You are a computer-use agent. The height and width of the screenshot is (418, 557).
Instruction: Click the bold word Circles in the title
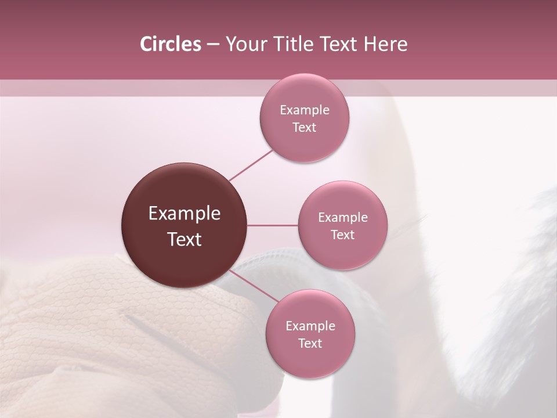coord(170,44)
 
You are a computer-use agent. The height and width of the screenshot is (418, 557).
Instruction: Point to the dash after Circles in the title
coord(213,45)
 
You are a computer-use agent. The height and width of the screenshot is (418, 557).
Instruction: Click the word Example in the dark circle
coord(185,214)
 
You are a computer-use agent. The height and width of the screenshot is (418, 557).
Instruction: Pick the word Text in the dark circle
coord(185,239)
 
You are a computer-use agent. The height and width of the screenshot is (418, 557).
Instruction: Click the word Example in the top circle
coord(305,110)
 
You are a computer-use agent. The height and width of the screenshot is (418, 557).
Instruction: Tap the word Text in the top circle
coord(305,127)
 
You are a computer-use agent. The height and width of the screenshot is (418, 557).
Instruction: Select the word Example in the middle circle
coord(343,218)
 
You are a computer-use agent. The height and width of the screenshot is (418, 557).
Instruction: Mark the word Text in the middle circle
coord(343,235)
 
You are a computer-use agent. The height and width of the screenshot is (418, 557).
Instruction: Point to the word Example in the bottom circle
coord(310,326)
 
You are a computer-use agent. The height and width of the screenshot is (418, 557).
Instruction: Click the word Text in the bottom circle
coord(310,343)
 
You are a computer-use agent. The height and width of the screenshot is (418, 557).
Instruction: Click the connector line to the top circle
coord(251,165)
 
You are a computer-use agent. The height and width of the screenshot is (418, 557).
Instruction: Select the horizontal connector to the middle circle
coord(273,225)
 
